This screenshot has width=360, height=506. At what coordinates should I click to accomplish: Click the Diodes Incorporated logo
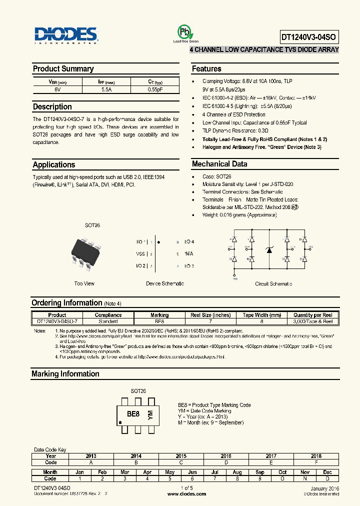click(66, 34)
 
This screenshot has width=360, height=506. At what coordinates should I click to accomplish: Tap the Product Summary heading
click(63, 69)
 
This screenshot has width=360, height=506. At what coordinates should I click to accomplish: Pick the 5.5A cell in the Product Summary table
click(106, 89)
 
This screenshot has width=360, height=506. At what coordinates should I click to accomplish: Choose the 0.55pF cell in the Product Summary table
click(155, 89)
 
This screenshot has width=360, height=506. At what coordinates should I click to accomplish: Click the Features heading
click(206, 69)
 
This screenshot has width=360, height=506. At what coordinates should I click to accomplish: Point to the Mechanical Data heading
click(219, 164)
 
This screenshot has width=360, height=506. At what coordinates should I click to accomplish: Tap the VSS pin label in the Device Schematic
click(141, 253)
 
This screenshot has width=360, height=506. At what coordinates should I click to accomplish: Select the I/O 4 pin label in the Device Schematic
click(189, 241)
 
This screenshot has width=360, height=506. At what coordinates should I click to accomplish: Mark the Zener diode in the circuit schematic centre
click(269, 249)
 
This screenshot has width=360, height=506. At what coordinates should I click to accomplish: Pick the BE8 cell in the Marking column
click(159, 321)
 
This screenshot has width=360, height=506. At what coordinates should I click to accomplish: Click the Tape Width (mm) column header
click(262, 315)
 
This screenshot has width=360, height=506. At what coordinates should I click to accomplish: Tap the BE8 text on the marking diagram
click(133, 414)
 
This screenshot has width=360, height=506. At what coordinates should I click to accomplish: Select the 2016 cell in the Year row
click(226, 456)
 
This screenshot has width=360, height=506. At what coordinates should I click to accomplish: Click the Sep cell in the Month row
click(260, 472)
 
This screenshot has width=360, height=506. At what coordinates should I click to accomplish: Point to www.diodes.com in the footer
click(186, 493)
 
